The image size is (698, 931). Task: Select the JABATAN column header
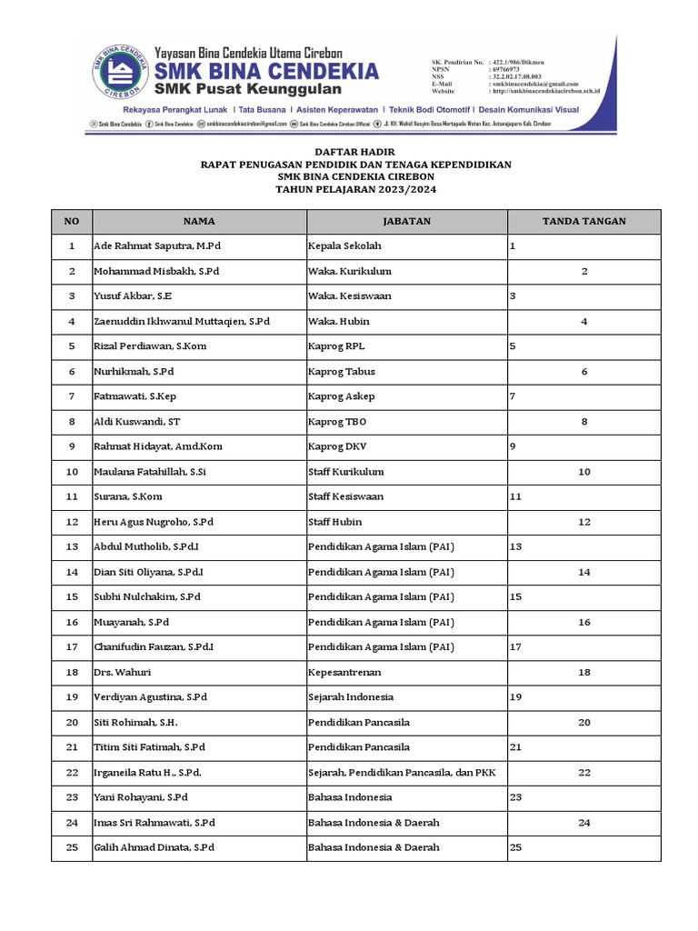(406, 221)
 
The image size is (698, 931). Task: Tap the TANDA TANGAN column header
(583, 221)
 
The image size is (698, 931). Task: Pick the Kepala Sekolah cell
(344, 246)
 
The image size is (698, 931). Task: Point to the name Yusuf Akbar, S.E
(133, 296)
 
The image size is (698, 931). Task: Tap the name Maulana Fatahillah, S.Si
(150, 472)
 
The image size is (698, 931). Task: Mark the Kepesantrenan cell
(344, 672)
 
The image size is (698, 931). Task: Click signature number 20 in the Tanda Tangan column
(584, 722)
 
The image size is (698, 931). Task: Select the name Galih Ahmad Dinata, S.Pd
(154, 847)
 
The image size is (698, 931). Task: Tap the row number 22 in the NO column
(72, 772)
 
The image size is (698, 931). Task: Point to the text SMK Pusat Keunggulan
(247, 89)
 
